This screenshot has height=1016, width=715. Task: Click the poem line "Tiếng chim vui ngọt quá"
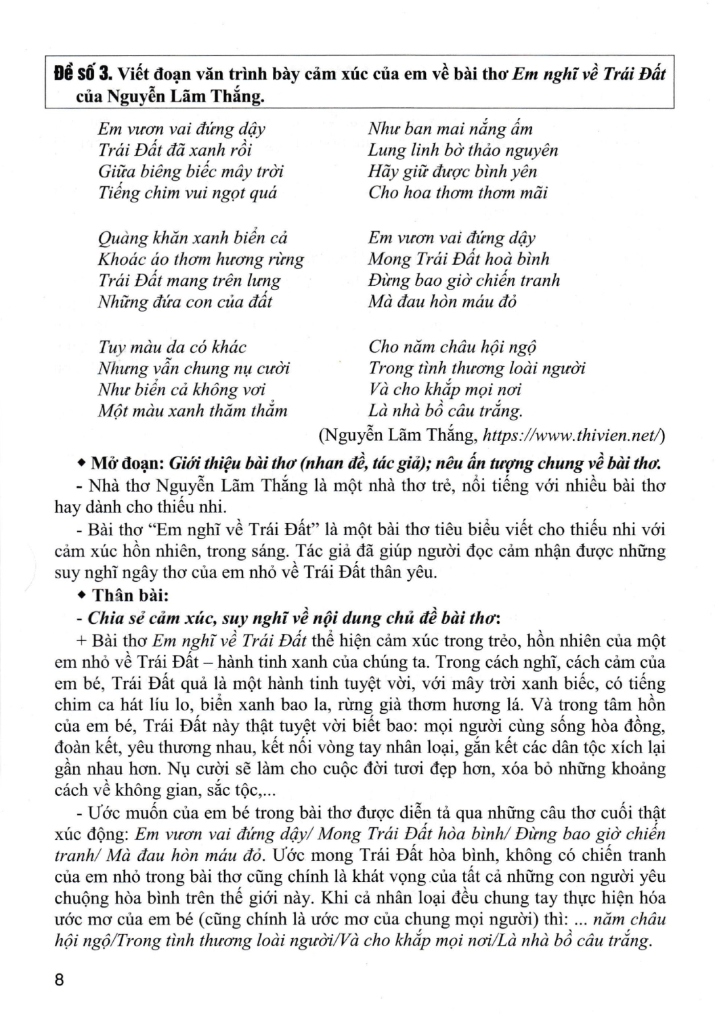point(188,193)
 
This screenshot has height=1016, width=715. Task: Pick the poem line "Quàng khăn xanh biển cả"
point(193,238)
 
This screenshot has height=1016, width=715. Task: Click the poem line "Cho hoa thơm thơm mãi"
point(458,193)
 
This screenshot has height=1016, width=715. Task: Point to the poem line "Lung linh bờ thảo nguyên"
point(463,150)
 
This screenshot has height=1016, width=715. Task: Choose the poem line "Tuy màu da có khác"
point(172,347)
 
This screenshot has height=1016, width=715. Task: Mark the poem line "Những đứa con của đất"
point(185,302)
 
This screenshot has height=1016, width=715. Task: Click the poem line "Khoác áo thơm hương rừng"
point(201,259)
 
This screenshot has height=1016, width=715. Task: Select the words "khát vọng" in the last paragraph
point(382,876)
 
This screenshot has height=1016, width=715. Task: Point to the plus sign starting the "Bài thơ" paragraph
point(83,641)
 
